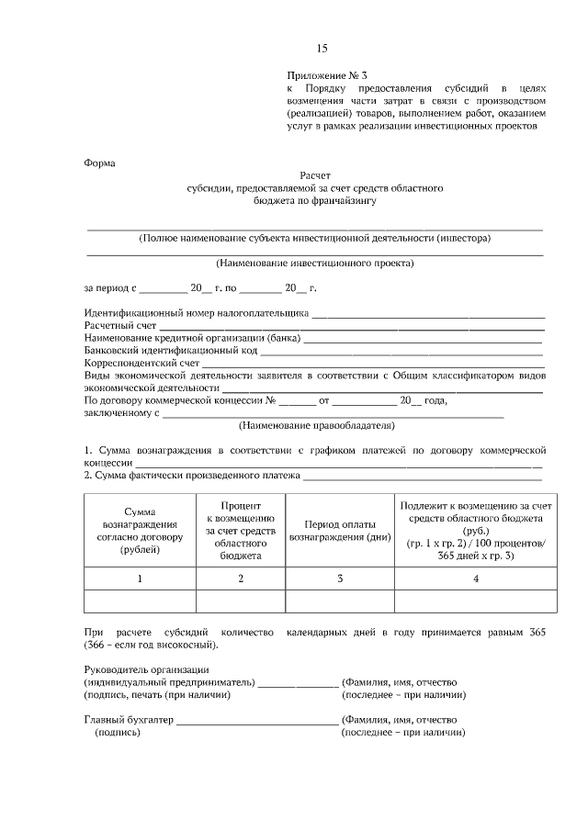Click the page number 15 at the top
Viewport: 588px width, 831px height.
[x=322, y=48]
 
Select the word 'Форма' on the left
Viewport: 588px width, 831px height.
[x=99, y=163]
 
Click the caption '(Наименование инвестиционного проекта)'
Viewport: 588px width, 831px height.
[x=314, y=263]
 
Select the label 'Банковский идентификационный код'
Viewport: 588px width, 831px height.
[x=170, y=351]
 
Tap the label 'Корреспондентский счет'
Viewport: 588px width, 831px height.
[x=141, y=364]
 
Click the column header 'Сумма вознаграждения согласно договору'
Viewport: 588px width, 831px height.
[x=140, y=531]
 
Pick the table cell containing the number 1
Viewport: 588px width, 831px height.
[x=140, y=578]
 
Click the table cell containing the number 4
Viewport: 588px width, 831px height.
[x=475, y=578]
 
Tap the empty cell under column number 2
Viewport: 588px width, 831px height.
[x=241, y=601]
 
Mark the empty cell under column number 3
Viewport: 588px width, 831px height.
[x=340, y=601]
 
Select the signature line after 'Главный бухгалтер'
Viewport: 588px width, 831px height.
[x=256, y=722]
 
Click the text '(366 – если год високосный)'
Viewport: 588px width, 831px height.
[x=151, y=645]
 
